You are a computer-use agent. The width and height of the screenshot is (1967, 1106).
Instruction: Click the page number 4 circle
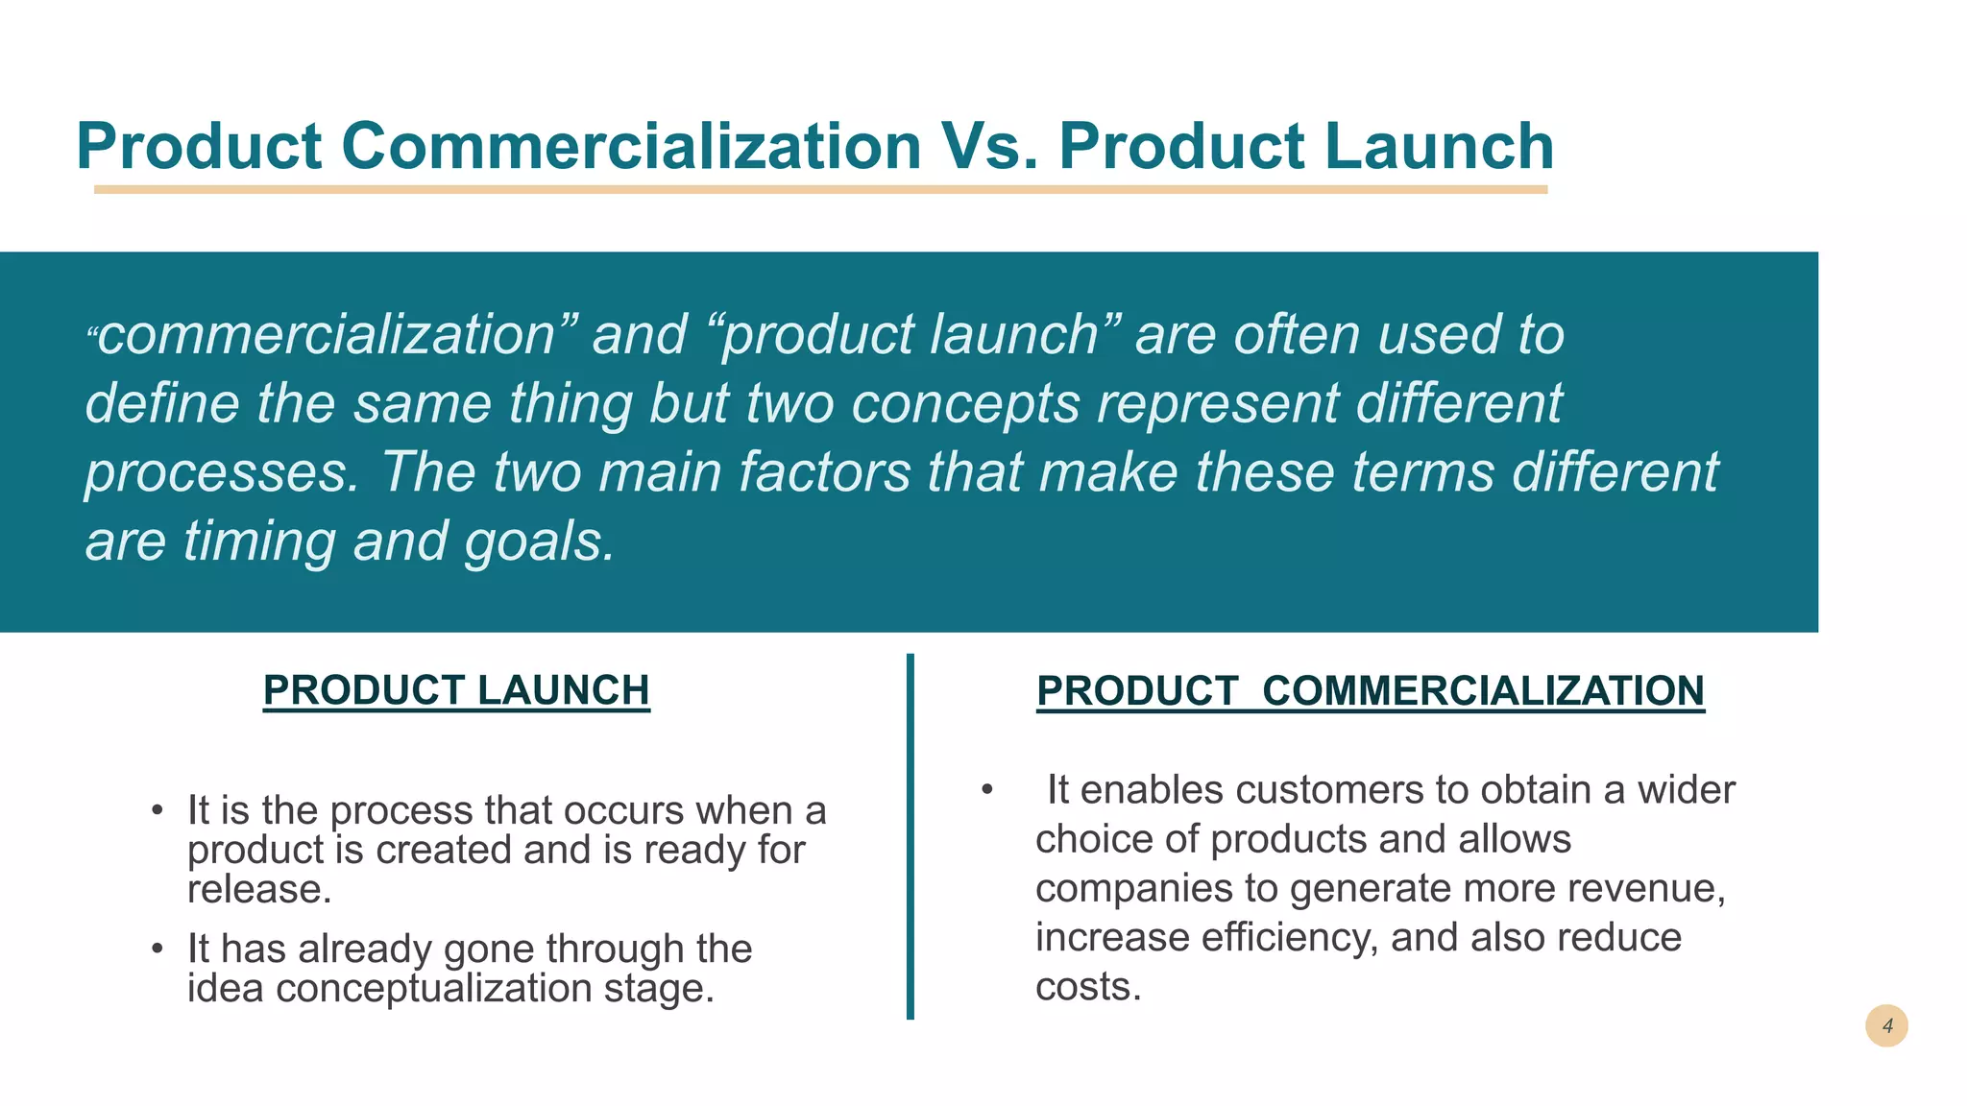[x=1886, y=1026]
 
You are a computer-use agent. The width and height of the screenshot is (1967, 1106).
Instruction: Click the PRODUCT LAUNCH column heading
[x=456, y=690]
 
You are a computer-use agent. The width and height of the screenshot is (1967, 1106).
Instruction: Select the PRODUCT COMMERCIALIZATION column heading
[x=1371, y=691]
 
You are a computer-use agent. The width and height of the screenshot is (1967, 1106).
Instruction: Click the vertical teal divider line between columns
[x=910, y=835]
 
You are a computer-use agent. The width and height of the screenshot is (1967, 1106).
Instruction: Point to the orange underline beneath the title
[x=820, y=190]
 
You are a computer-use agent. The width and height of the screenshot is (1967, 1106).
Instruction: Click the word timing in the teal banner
[x=259, y=541]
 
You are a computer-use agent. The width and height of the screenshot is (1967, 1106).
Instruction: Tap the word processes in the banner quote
[x=222, y=472]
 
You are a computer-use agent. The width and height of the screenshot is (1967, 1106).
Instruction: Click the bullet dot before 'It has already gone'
[x=158, y=950]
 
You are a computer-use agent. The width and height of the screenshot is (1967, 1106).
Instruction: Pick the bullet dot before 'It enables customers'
[x=986, y=790]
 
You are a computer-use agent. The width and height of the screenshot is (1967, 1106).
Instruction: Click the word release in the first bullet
[x=258, y=889]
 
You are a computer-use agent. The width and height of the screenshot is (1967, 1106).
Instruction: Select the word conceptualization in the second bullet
[x=433, y=988]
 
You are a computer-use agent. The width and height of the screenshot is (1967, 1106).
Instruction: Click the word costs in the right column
[x=1087, y=987]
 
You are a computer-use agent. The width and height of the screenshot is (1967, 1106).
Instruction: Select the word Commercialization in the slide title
[x=631, y=146]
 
